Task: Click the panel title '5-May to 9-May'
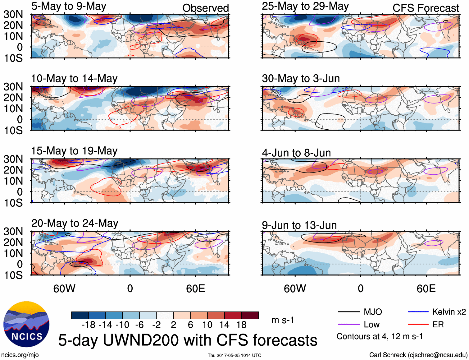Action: pyautogui.click(x=69, y=6)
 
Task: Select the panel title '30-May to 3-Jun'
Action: pyautogui.click(x=301, y=78)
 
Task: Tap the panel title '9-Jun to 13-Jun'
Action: pyautogui.click(x=299, y=225)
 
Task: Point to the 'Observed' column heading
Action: pyautogui.click(x=205, y=8)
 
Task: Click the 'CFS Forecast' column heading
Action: pyautogui.click(x=426, y=8)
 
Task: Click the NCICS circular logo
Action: pyautogui.click(x=26, y=324)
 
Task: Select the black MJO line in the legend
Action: pyautogui.click(x=348, y=312)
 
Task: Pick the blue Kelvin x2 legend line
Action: pyautogui.click(x=418, y=312)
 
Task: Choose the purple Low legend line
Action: pyautogui.click(x=348, y=325)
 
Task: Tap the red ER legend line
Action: pyautogui.click(x=418, y=325)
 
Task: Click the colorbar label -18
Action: pyautogui.click(x=89, y=325)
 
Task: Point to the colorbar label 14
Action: pyautogui.click(x=224, y=325)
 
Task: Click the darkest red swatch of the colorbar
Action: pyautogui.click(x=250, y=315)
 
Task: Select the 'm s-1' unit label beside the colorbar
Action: pyautogui.click(x=283, y=320)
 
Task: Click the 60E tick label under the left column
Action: pyautogui.click(x=195, y=288)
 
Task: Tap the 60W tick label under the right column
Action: pyautogui.click(x=295, y=288)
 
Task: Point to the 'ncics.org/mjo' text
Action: pyautogui.click(x=20, y=355)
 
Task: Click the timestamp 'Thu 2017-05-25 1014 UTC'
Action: pyautogui.click(x=234, y=355)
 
